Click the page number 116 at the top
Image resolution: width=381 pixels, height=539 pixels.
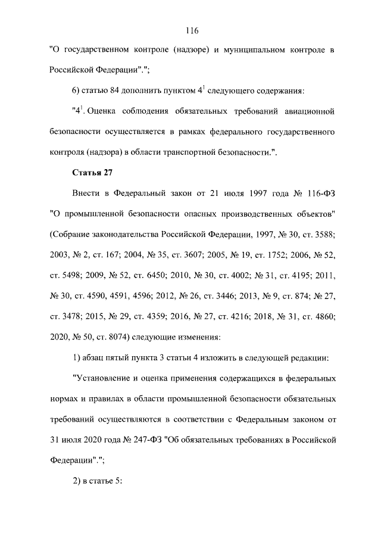pyautogui.click(x=190, y=31)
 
